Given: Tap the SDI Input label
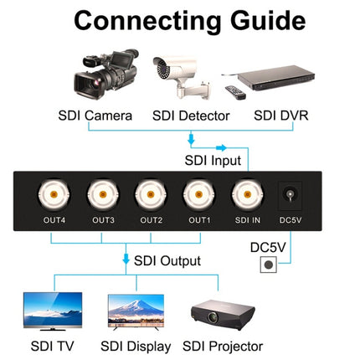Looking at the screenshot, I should [213, 160].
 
